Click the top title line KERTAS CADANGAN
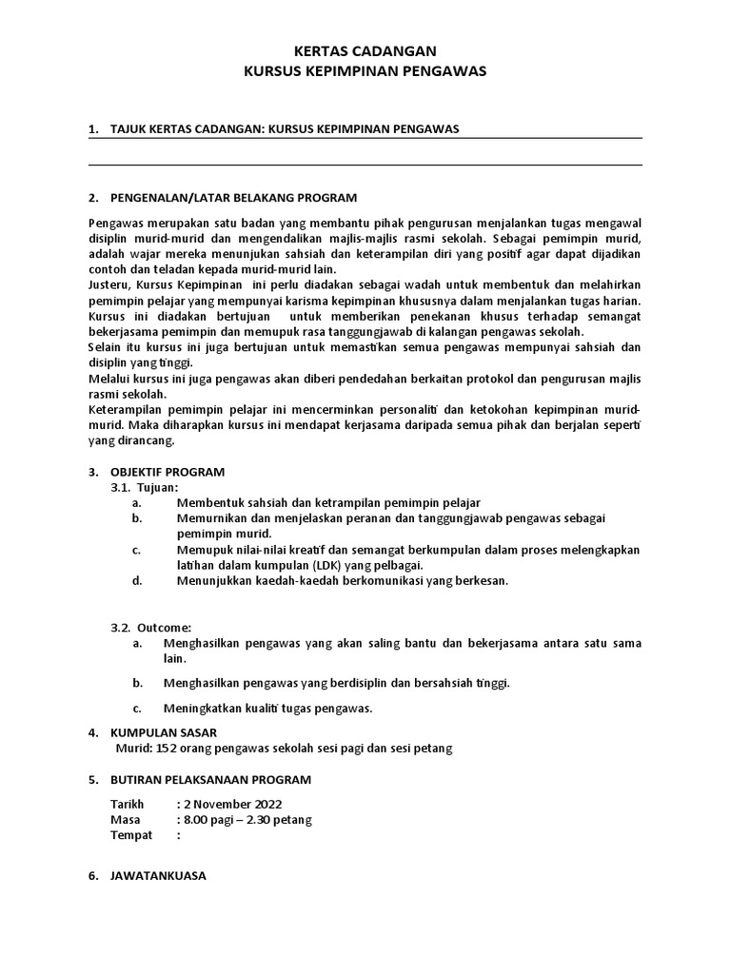click(365, 51)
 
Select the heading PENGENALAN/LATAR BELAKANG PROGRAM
click(234, 198)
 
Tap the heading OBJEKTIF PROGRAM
click(168, 472)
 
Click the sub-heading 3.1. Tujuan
click(145, 487)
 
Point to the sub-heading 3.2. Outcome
click(151, 628)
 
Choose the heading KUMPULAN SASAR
click(165, 733)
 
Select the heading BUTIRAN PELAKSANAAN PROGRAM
click(211, 780)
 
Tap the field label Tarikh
click(127, 805)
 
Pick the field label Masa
click(125, 820)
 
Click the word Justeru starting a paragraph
click(109, 285)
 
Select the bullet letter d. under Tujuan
click(138, 580)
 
